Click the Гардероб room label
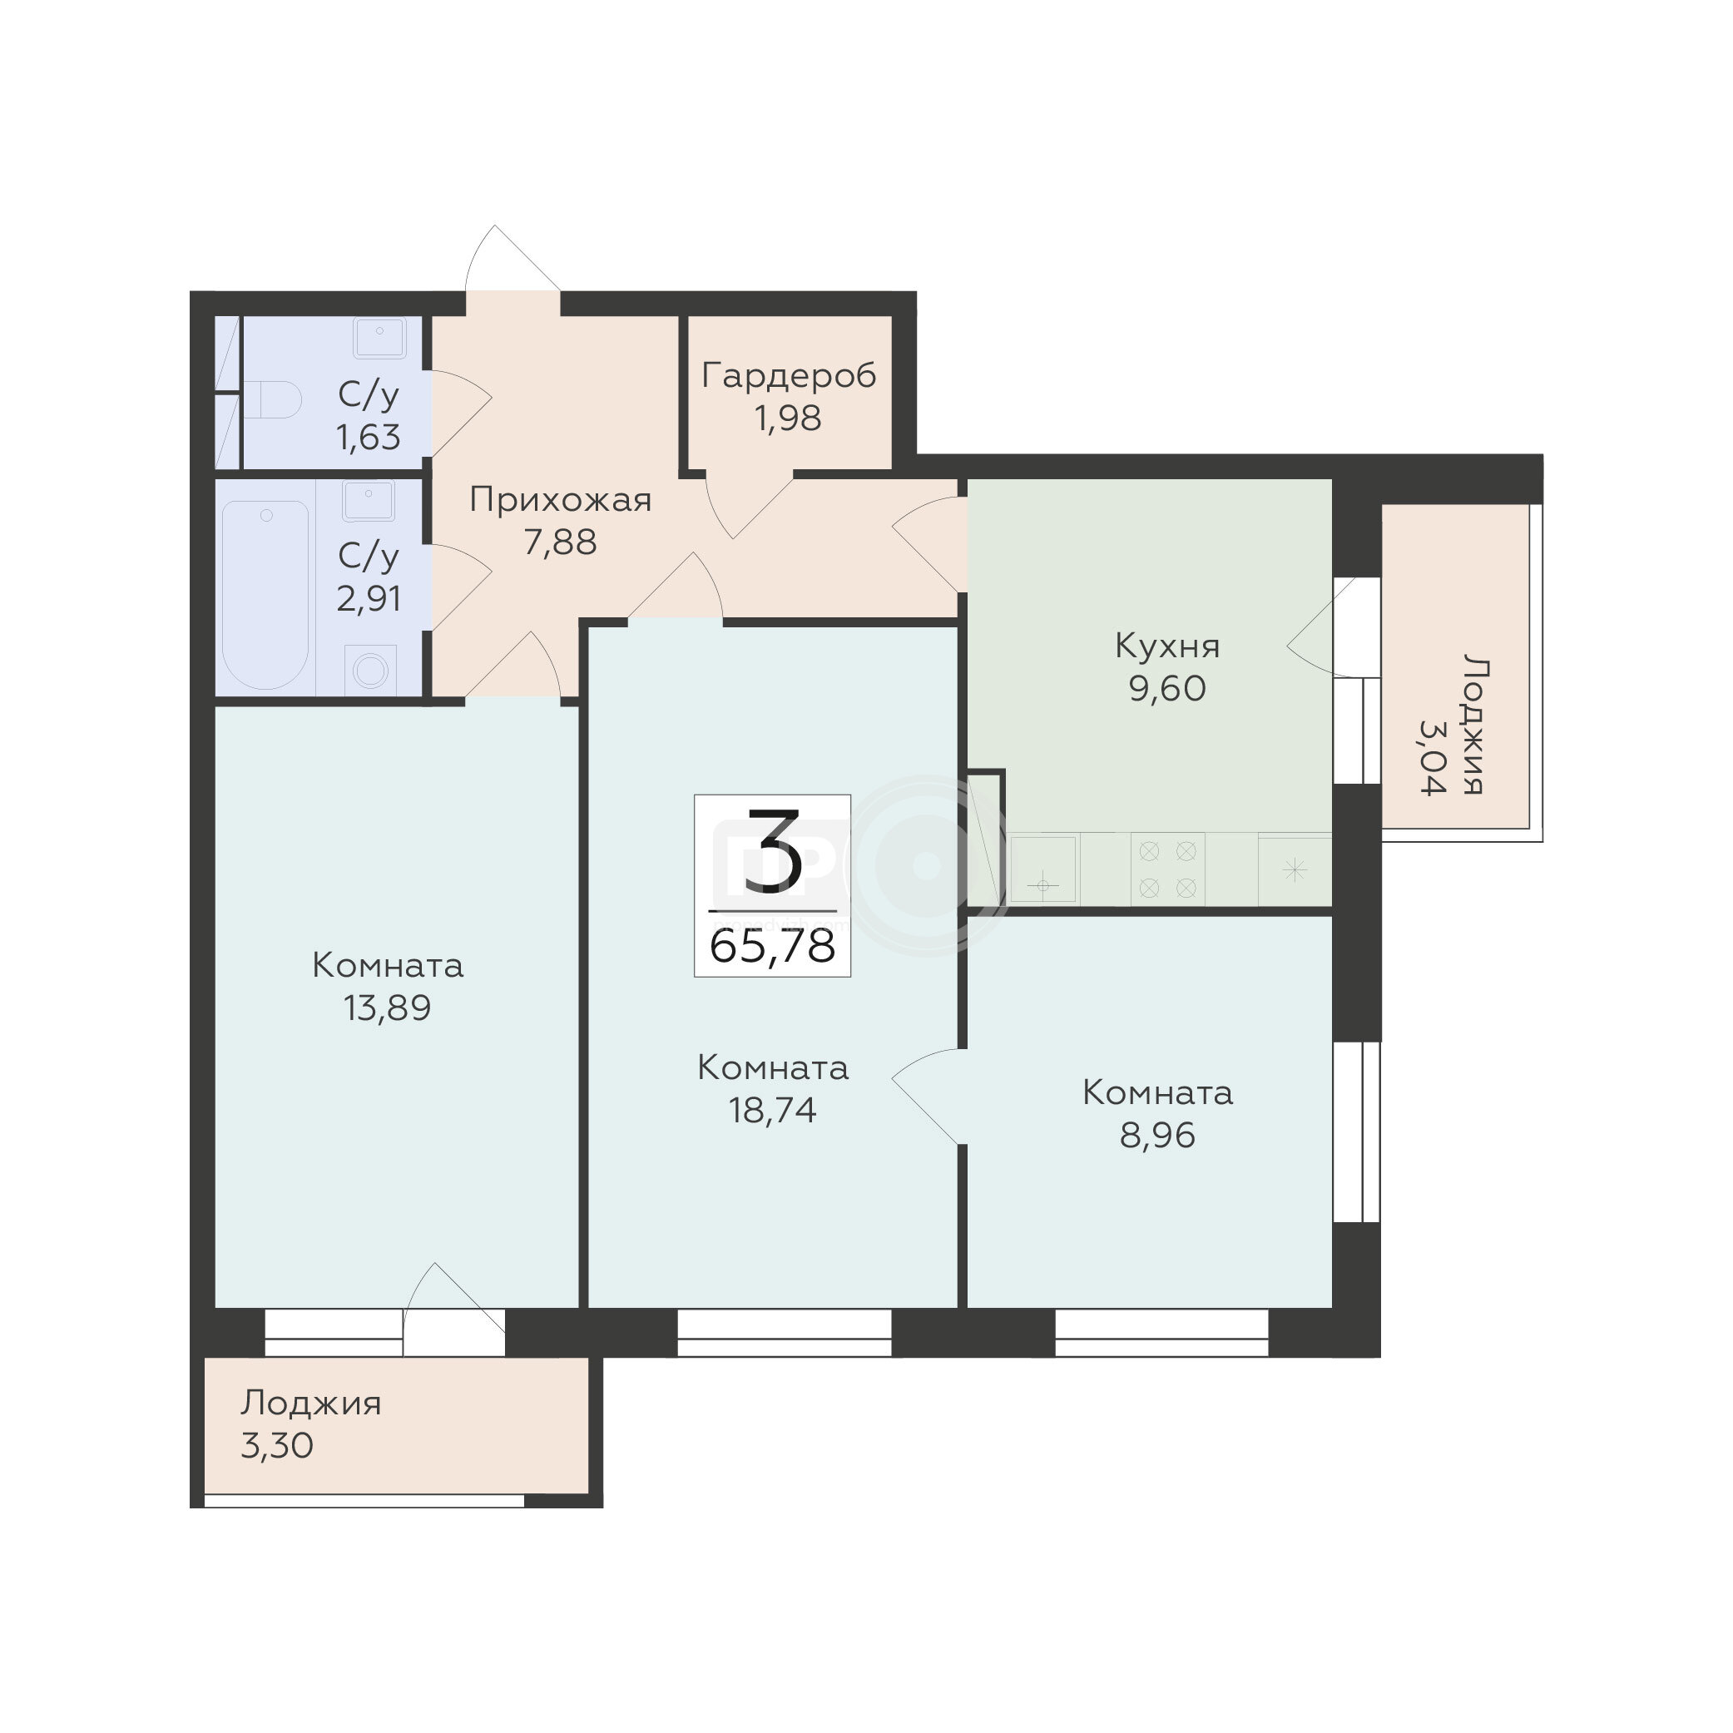(789, 377)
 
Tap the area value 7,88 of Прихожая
(561, 542)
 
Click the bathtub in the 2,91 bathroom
(265, 595)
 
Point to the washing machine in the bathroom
(369, 670)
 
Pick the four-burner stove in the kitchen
(1167, 869)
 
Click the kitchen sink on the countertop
(1042, 869)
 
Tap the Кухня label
(1167, 646)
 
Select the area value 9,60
(1167, 689)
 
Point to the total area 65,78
(772, 946)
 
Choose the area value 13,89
(388, 1009)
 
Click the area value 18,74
(772, 1112)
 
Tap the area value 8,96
(1157, 1136)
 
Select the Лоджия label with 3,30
(310, 1404)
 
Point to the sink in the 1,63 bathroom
(380, 338)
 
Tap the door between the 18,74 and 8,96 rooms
(924, 1097)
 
